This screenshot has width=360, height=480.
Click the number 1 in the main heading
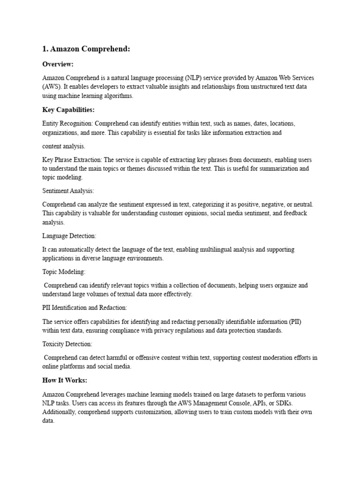click(45, 49)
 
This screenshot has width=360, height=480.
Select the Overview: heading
click(58, 64)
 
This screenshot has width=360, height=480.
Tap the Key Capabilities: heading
click(68, 110)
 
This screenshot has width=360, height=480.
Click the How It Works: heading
click(65, 381)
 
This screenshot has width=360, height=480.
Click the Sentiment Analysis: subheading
click(68, 191)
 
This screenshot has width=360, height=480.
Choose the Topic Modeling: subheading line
click(64, 272)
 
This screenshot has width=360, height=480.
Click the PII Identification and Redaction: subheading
click(84, 308)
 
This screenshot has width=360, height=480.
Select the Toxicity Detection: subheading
click(67, 344)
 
